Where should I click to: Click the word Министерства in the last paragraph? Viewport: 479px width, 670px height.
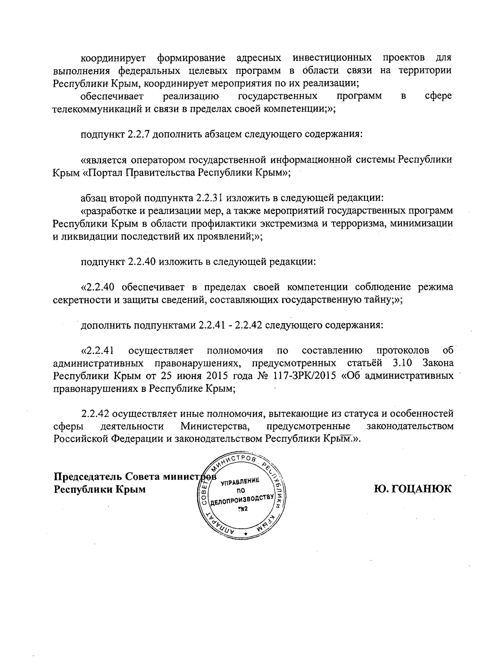click(215, 426)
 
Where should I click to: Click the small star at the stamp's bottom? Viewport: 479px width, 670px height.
click(245, 534)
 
